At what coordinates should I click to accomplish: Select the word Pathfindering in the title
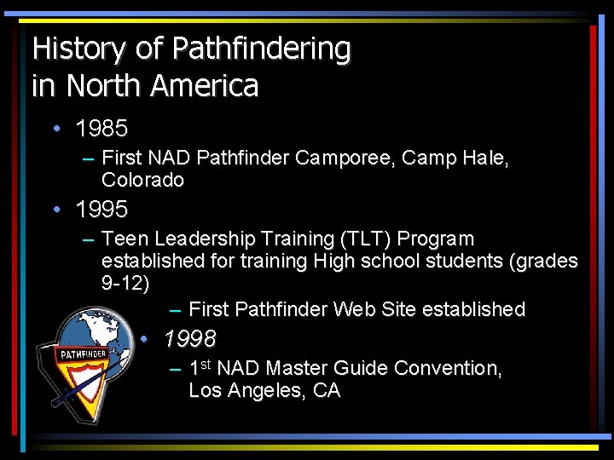(260, 49)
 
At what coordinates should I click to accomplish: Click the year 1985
(101, 129)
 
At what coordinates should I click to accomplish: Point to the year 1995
(101, 209)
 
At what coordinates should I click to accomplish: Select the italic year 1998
(189, 340)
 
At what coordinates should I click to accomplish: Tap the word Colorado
(142, 181)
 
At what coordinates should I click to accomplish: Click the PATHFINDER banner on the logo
(82, 353)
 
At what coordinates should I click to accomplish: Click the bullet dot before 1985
(55, 129)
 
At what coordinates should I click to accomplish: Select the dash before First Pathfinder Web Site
(175, 309)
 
